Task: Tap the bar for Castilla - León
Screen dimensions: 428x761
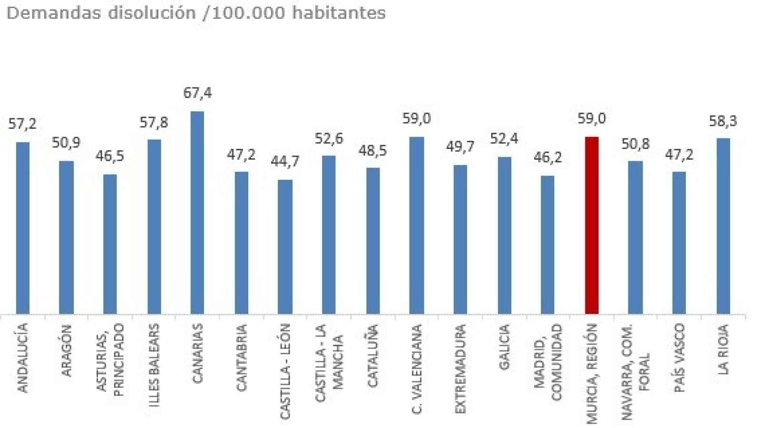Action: click(285, 247)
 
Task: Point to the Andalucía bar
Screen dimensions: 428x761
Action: click(22, 228)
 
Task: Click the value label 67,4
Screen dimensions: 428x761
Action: click(197, 93)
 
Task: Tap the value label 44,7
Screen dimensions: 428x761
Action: click(285, 162)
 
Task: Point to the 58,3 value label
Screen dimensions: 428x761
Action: click(723, 121)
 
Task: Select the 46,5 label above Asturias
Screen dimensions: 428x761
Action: click(110, 156)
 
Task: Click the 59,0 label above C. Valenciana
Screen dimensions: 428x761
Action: click(416, 118)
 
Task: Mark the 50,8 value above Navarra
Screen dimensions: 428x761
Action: click(635, 144)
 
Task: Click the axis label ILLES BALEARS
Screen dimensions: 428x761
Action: click(154, 359)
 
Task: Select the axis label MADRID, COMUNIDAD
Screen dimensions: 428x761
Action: click(547, 361)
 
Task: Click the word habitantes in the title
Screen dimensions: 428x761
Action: click(339, 13)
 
